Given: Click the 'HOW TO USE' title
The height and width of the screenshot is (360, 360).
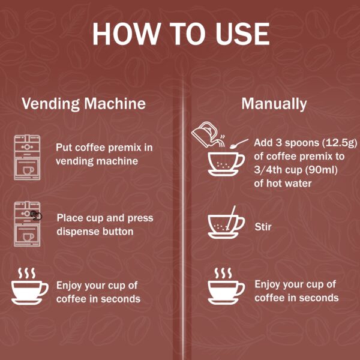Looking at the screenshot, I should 180,34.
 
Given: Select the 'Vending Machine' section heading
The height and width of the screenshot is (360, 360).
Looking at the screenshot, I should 83,103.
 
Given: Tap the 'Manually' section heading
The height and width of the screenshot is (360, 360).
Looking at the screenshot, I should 274,103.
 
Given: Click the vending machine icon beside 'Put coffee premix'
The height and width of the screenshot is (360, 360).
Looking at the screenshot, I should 27,158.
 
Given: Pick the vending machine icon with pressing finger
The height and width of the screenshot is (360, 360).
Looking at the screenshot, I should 28,224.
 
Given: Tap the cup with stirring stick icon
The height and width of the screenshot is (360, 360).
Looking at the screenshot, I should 226,224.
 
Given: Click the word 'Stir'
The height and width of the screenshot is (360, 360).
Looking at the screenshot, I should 263,227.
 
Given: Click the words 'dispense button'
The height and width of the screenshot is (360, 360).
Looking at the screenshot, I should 95,231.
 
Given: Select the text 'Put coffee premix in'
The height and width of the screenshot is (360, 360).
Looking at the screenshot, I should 104,148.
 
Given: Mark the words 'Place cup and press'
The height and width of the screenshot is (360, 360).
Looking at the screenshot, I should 105,217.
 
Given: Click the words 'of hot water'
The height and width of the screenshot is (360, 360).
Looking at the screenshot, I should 283,183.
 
